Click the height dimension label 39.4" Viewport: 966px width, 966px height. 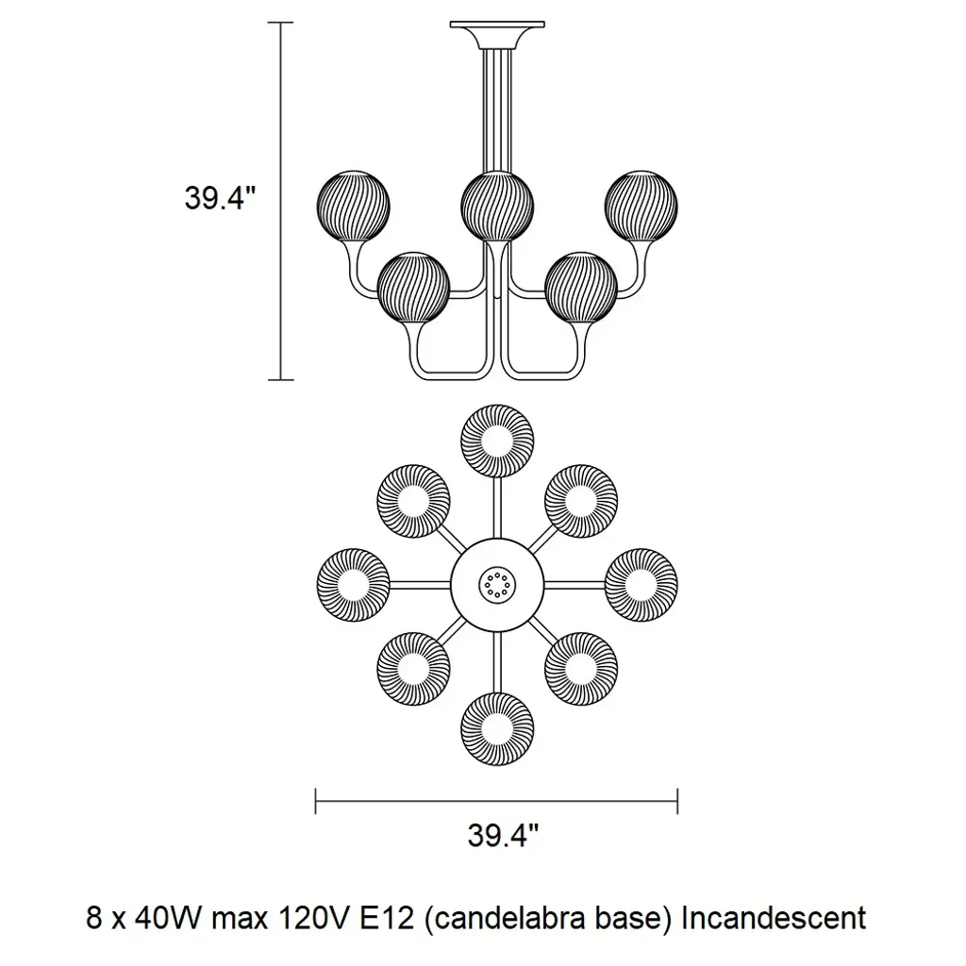(x=220, y=199)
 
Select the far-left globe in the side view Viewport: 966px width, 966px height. (x=353, y=204)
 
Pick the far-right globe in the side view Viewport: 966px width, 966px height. (x=642, y=204)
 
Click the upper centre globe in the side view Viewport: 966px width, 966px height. (x=497, y=205)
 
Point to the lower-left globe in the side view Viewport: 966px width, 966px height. (x=413, y=288)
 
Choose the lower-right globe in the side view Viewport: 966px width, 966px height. (x=581, y=288)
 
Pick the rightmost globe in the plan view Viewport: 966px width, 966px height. (x=641, y=585)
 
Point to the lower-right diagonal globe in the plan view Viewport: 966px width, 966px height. (x=581, y=669)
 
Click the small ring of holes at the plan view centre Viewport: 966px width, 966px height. (x=496, y=585)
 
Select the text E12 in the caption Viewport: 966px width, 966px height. (x=383, y=917)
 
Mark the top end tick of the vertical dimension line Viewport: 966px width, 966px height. (x=280, y=22)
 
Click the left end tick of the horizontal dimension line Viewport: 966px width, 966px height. (x=315, y=802)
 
